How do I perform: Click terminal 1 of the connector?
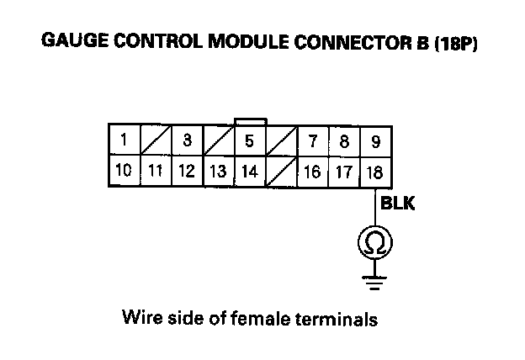coord(124,140)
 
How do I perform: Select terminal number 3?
coord(187,140)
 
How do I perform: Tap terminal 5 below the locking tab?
coord(249,140)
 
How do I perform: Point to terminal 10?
coord(124,172)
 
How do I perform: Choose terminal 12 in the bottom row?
coord(187,172)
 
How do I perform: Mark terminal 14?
coord(249,172)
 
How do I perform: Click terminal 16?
coord(312,172)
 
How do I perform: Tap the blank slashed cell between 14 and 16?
coord(281,172)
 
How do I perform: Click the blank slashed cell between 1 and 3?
coord(156,140)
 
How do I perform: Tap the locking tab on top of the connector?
coord(250,121)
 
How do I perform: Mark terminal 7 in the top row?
coord(312,140)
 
